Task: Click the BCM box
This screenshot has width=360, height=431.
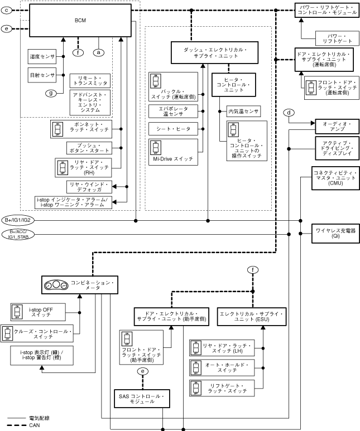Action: pyautogui.click(x=80, y=20)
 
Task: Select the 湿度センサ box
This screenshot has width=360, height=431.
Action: pyautogui.click(x=42, y=56)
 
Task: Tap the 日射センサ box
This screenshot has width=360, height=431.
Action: pyautogui.click(x=42, y=74)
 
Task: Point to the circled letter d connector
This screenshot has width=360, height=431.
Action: pyautogui.click(x=289, y=113)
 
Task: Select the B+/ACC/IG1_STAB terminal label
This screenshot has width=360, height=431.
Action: pyautogui.click(x=21, y=235)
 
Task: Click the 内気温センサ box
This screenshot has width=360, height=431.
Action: pyautogui.click(x=243, y=112)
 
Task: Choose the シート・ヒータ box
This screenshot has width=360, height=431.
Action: pyautogui.click(x=173, y=129)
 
